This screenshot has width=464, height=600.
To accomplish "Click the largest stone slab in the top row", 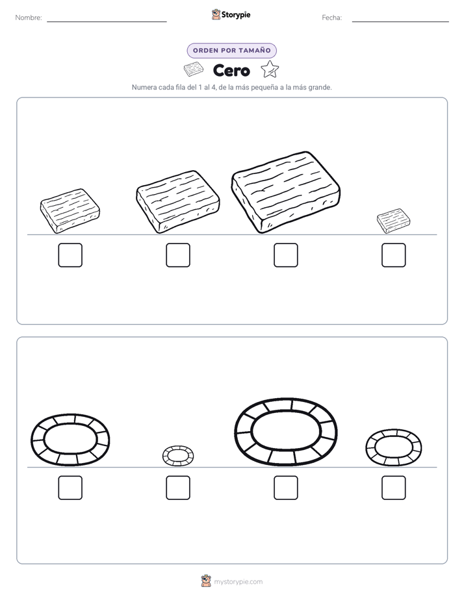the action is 285,192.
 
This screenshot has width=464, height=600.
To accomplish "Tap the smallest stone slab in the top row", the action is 393,221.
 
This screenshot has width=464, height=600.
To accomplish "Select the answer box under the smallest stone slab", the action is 394,255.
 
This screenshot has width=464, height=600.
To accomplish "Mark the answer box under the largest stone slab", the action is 285,255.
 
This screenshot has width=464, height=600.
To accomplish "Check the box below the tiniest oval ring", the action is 178,488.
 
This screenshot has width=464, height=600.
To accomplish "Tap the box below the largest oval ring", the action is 285,488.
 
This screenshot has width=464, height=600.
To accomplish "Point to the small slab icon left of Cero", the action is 194,70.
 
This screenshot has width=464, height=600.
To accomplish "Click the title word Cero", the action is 231,70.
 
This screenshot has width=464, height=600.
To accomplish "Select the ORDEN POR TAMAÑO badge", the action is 231,51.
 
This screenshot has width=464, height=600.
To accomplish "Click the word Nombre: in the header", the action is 29,18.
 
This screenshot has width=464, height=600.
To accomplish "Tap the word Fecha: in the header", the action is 332,18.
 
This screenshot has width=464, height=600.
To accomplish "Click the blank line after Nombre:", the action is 107,21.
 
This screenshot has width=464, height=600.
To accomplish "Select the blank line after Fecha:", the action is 400,21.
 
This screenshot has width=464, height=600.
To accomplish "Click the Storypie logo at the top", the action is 231,14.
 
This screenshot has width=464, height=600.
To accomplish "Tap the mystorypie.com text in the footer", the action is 238,582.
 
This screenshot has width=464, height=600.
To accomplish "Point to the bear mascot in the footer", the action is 206,581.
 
